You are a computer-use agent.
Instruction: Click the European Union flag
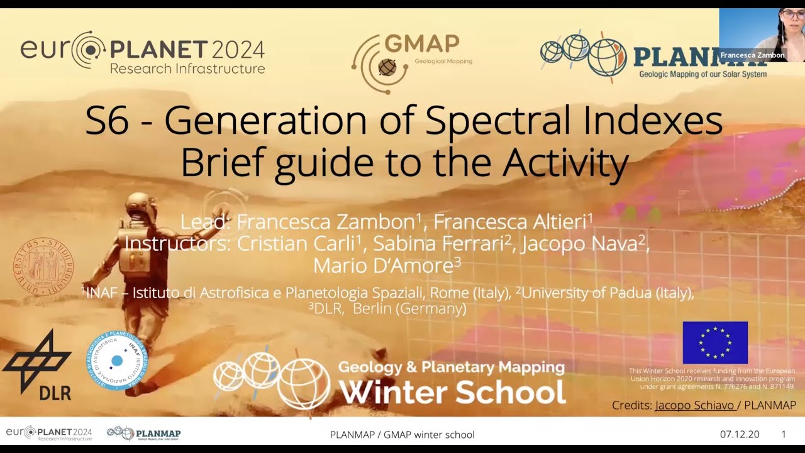click(x=715, y=342)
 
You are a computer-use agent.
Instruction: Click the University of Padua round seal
click(x=43, y=266)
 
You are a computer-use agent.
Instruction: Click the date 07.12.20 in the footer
click(x=739, y=434)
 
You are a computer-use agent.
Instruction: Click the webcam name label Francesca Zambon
click(x=752, y=55)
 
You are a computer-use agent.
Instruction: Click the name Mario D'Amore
click(x=387, y=266)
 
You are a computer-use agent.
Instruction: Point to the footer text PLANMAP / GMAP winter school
click(x=402, y=434)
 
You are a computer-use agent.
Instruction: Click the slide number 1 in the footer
click(x=783, y=434)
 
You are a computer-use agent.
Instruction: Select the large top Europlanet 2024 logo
click(x=142, y=53)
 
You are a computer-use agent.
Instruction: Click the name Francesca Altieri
click(x=513, y=221)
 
